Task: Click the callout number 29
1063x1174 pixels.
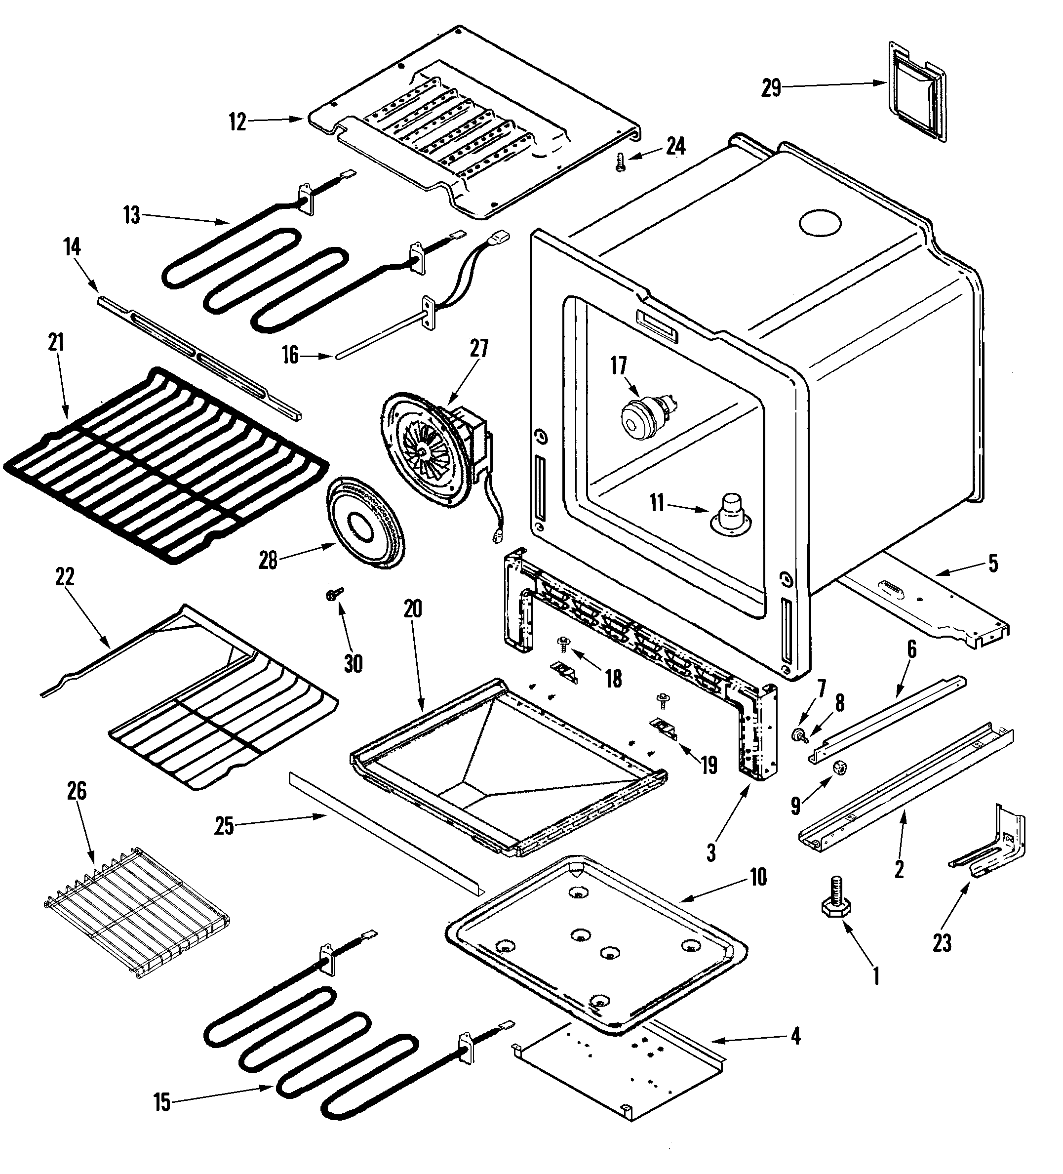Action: pyautogui.click(x=771, y=88)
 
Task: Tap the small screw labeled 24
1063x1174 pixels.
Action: pyautogui.click(x=621, y=161)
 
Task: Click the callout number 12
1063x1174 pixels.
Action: pyautogui.click(x=237, y=123)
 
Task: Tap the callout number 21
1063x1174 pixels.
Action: pyautogui.click(x=55, y=342)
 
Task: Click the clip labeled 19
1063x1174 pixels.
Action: pyautogui.click(x=664, y=728)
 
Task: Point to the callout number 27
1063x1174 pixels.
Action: pyautogui.click(x=479, y=348)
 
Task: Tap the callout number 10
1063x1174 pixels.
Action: pyautogui.click(x=758, y=877)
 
